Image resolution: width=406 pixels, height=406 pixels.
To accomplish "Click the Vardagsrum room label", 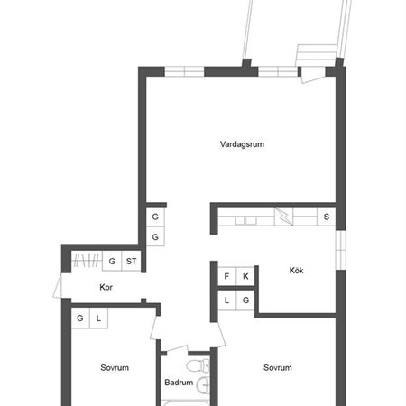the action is tap(242, 144).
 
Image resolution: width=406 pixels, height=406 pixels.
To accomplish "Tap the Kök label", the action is tap(296, 271).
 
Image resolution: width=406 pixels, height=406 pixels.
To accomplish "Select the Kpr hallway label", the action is tap(106, 287).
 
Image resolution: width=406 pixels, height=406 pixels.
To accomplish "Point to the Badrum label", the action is tap(179, 383).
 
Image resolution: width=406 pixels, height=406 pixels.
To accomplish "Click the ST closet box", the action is tap(131, 261).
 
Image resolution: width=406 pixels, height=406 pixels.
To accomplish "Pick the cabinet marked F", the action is tap(226, 276).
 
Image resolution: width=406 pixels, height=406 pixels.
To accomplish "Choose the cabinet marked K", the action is tap(245, 276).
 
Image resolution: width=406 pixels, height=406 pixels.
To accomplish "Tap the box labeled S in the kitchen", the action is tap(327, 217).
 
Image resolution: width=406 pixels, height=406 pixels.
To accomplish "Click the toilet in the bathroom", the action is tap(198, 365).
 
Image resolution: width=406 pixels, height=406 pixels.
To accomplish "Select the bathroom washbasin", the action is tap(204, 383).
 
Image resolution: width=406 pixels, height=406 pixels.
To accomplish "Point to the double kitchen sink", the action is tap(245, 221).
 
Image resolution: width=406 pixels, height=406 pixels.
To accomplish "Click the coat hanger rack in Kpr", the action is tap(87, 261).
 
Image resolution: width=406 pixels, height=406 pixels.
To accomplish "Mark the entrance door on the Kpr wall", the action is tap(58, 286).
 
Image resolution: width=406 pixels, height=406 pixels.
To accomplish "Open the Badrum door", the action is tap(177, 349).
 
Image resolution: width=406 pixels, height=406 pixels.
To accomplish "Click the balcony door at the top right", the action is tap(313, 77).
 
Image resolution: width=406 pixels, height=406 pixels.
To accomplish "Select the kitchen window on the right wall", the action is tap(341, 250).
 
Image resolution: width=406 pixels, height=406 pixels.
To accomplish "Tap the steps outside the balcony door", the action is tap(317, 55).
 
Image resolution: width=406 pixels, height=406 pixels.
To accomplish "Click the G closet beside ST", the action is tap(112, 261).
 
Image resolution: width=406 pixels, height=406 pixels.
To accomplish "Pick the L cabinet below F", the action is tap(226, 300).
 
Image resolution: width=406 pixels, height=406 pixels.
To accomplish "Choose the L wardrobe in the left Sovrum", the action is tap(98, 318).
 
